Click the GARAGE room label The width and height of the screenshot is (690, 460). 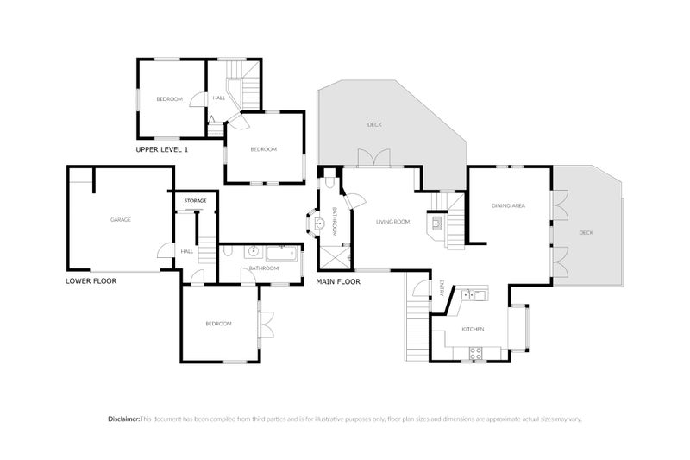120,220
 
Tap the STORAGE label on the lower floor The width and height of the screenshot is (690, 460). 195,201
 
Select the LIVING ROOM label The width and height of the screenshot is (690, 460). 392,222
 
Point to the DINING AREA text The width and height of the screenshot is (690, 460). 508,205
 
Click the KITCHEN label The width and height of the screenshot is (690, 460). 473,330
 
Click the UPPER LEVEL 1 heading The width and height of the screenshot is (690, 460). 161,150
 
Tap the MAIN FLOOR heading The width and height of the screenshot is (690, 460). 338,281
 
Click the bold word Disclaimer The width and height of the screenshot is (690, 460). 124,419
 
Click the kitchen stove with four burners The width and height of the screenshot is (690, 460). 474,351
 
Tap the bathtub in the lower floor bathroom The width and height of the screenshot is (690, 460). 282,254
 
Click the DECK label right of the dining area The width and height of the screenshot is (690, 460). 586,232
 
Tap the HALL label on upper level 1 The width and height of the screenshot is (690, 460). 219,98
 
